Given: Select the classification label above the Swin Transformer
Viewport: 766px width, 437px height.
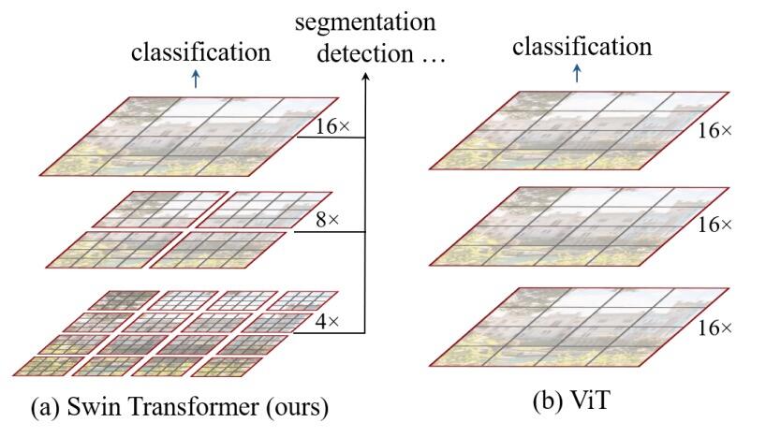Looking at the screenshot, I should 200,52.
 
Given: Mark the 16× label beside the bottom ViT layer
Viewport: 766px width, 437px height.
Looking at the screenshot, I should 715,328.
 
